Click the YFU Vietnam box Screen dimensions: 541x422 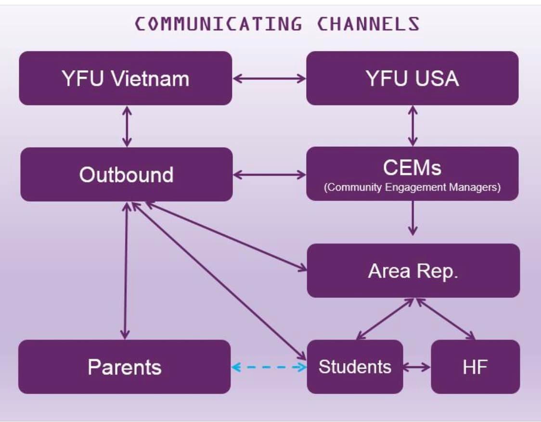[x=126, y=78]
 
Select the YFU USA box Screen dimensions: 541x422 [x=412, y=78]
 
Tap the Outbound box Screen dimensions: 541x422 [x=126, y=174]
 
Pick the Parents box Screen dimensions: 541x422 [x=125, y=367]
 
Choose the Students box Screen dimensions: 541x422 [x=355, y=367]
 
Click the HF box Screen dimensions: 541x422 [x=476, y=367]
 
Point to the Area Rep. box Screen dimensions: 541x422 [x=413, y=270]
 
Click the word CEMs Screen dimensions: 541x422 [x=412, y=168]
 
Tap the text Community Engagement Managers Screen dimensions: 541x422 [x=412, y=187]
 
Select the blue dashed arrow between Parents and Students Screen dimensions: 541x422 [x=269, y=367]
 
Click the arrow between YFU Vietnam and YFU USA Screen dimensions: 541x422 [x=269, y=78]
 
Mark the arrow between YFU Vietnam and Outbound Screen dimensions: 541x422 [x=127, y=126]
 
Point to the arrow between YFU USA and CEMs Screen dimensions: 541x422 [x=412, y=126]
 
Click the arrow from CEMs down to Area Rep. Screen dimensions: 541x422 [x=413, y=218]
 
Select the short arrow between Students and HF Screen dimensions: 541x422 [x=417, y=367]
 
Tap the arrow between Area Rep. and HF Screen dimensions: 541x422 [x=446, y=319]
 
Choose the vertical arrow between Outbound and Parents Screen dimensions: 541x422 [x=126, y=271]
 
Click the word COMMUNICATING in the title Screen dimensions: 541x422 [x=218, y=24]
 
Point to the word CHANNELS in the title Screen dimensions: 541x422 [x=368, y=24]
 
